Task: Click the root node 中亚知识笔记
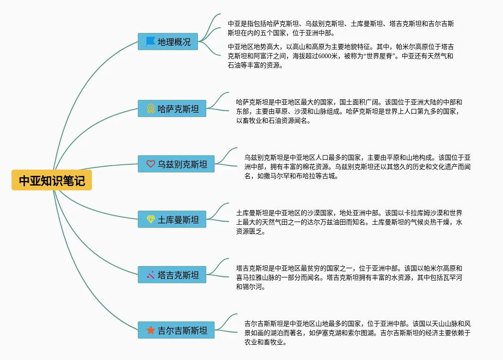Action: [x=52, y=180]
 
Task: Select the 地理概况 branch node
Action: [x=168, y=42]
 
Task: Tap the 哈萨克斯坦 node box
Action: [x=172, y=109]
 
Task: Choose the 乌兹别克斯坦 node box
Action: [x=176, y=164]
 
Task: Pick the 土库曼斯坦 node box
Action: [x=172, y=219]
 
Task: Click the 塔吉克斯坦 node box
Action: [x=172, y=275]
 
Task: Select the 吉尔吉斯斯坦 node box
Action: [x=176, y=330]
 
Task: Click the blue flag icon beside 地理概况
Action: [x=151, y=42]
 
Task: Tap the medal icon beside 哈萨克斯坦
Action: [x=151, y=109]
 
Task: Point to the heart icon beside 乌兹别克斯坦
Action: [x=151, y=164]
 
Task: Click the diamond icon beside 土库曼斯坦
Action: [x=151, y=219]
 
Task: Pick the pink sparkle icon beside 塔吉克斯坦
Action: [x=151, y=275]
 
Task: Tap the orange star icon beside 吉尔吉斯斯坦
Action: [x=151, y=330]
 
